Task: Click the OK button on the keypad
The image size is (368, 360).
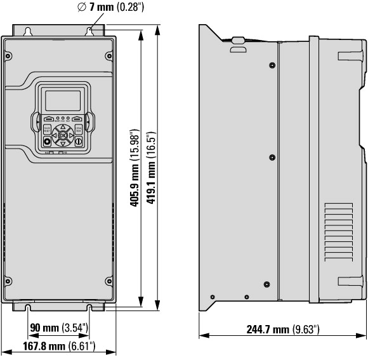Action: tap(62, 135)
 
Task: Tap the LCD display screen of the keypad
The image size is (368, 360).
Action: tap(62, 100)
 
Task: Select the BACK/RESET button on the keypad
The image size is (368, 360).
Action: tap(47, 130)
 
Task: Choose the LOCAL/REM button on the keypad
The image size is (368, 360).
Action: tap(78, 130)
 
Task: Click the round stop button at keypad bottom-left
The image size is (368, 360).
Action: tap(47, 142)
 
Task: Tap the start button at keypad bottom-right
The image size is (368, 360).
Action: tap(78, 142)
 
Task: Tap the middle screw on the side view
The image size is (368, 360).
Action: tap(272, 156)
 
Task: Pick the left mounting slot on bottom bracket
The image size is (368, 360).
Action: tap(29, 308)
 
